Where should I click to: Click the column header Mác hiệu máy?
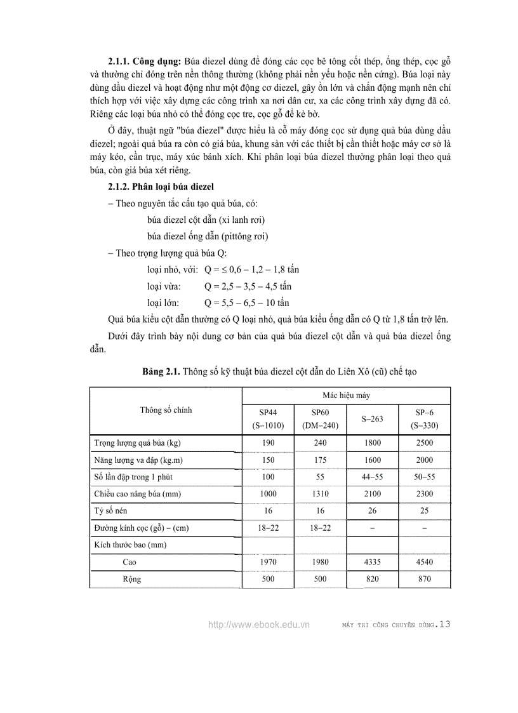[346, 395]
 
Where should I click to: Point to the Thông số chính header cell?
[166, 410]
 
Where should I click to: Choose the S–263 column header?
[372, 418]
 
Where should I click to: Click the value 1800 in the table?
[372, 443]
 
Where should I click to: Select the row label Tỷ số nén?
[111, 510]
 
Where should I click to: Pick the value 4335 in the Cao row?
[372, 562]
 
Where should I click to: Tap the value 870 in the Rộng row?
[425, 579]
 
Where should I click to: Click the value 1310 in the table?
[320, 493]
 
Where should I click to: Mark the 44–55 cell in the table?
[372, 476]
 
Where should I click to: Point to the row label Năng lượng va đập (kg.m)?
[139, 460]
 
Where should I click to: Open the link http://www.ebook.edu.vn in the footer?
[258, 625]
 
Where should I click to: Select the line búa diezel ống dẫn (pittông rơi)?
[208, 236]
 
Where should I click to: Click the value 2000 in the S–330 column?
[425, 460]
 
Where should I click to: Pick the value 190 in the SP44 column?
[268, 443]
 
